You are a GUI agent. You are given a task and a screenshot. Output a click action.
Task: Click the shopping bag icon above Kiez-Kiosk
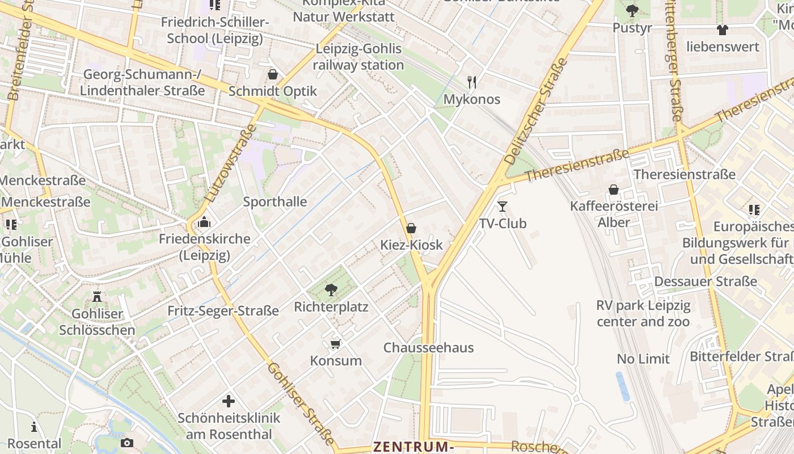pos(411,228)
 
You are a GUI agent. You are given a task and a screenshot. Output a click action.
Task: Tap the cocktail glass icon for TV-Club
pos(502,206)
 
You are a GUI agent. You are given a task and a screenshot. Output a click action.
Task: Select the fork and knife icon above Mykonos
pos(471,82)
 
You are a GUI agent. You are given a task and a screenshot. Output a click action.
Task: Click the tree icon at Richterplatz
pos(331,290)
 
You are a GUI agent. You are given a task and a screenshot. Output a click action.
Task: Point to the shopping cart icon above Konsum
pos(336,344)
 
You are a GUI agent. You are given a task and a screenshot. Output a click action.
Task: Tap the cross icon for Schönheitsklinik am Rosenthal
pos(229,402)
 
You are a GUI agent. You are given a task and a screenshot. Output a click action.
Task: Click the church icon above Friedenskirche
pos(204,222)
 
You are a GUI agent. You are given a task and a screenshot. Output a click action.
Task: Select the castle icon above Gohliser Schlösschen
pos(97,296)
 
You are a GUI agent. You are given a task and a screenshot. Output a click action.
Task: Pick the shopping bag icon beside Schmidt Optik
pos(273,74)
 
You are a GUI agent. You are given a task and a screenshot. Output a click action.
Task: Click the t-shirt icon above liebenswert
pos(722,30)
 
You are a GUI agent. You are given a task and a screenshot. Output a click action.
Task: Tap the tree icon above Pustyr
pos(632,10)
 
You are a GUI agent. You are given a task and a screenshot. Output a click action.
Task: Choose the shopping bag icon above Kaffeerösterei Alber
pos(614,189)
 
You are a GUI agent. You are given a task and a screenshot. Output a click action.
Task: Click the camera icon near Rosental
pos(127,443)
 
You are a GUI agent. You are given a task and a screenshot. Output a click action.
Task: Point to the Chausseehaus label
pos(428,348)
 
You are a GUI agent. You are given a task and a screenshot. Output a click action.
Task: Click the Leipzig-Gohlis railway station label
pos(358,57)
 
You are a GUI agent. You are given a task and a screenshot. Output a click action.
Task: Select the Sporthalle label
pos(275,202)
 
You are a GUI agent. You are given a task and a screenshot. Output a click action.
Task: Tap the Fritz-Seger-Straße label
pos(223,311)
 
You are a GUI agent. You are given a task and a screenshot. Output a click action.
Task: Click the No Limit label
pos(643,359)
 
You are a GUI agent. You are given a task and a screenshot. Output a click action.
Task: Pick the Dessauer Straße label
pos(706,281)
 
